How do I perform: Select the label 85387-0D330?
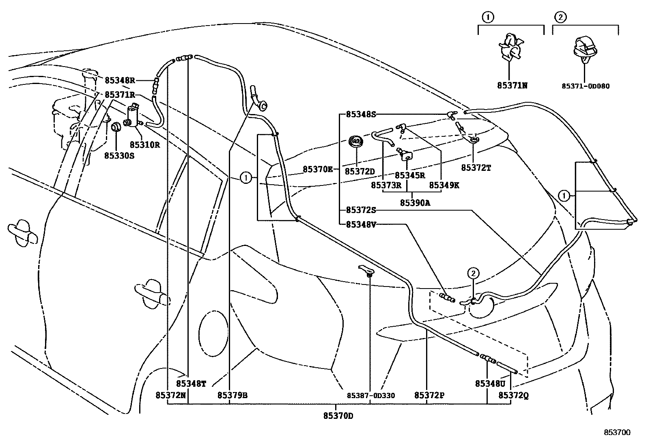(370, 395)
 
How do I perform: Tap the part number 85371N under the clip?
(512, 86)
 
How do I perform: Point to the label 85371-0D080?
(585, 86)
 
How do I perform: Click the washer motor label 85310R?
(144, 144)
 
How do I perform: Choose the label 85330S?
(119, 155)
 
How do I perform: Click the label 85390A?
(415, 203)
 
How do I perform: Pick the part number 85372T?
(476, 167)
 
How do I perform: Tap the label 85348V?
(361, 224)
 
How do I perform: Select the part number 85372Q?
(513, 395)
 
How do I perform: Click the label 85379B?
(232, 395)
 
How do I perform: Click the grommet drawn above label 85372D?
(356, 143)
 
